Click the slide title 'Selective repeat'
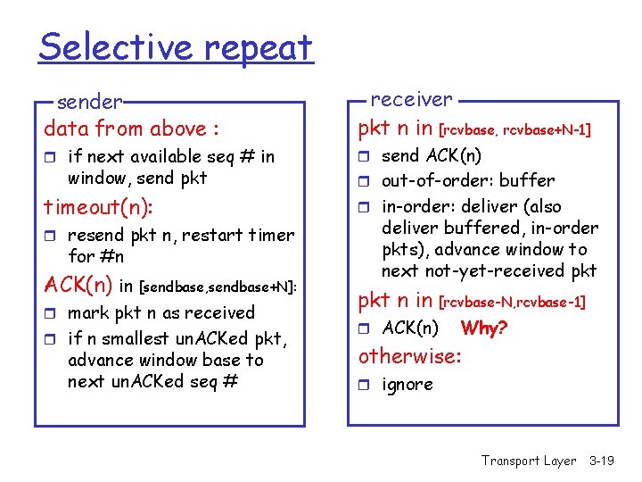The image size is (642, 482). tap(176, 46)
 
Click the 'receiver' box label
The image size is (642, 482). tap(411, 99)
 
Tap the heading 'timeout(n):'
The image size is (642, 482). tap(99, 207)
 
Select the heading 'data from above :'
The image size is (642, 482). tap(131, 129)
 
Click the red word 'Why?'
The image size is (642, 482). tap(484, 328)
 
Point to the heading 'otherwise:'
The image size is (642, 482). tap(409, 356)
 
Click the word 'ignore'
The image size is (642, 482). tap(407, 385)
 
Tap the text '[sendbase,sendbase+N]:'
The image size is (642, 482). tap(218, 287)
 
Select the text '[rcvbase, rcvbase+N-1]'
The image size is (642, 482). tap(515, 130)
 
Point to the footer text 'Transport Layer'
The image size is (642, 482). tap(529, 461)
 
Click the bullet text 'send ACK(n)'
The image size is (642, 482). tap(432, 156)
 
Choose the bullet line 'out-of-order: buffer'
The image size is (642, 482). tap(467, 180)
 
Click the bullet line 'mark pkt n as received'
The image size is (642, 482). tap(160, 313)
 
